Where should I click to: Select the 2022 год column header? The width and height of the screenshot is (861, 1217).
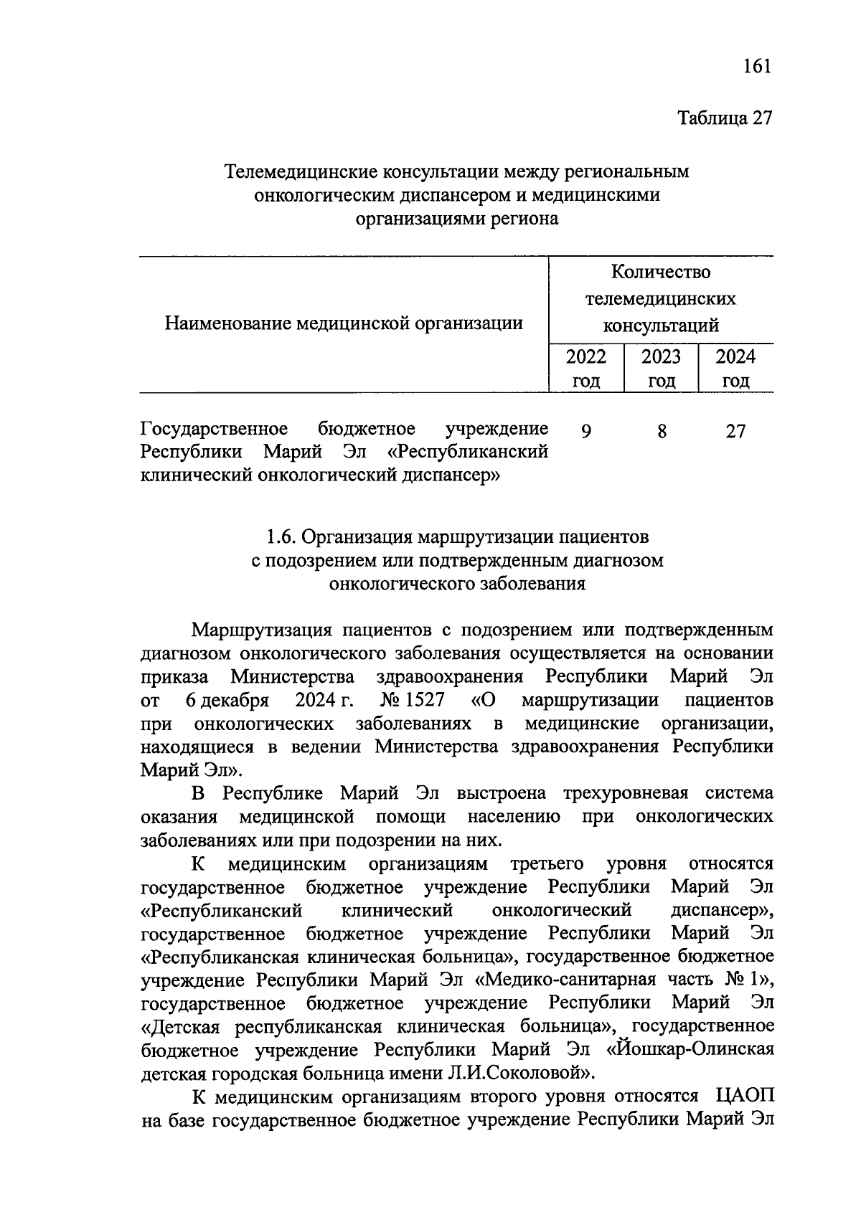point(585,368)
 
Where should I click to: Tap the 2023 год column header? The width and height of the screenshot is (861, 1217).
point(661,368)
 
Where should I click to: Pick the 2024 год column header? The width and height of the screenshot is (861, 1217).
point(735,368)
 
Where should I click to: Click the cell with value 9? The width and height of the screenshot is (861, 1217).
point(586,431)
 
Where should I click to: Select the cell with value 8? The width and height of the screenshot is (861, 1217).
point(661,431)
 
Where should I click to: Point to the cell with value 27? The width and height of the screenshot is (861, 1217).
point(735,431)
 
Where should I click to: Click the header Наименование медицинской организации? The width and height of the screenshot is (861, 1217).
point(344,323)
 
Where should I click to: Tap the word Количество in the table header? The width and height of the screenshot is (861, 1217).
point(661,272)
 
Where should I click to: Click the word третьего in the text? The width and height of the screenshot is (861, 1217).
point(546,863)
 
